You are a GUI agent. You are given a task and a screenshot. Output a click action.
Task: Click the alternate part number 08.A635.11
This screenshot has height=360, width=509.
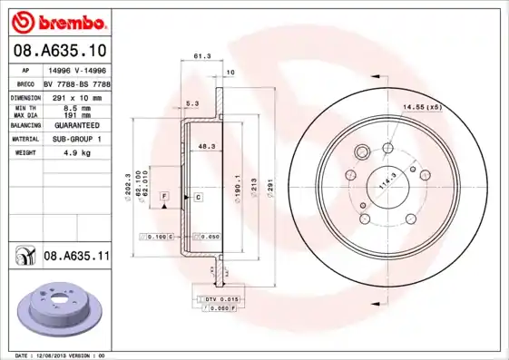76,257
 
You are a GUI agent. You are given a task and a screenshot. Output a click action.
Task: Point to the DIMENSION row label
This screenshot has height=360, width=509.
26,96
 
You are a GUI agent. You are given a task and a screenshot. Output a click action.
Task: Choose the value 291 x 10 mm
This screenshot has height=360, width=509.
75,96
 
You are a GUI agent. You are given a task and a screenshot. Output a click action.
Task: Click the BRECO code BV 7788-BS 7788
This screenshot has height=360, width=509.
77,83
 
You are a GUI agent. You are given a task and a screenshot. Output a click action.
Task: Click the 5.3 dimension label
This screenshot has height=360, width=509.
191,102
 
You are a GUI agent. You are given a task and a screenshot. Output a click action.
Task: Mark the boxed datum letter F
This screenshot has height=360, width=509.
164,196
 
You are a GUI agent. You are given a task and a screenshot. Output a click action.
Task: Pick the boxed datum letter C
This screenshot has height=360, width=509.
197,196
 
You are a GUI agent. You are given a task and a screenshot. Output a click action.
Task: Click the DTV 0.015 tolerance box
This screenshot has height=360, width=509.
220,298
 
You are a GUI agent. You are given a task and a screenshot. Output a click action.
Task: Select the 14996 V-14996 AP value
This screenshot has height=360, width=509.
75,69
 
